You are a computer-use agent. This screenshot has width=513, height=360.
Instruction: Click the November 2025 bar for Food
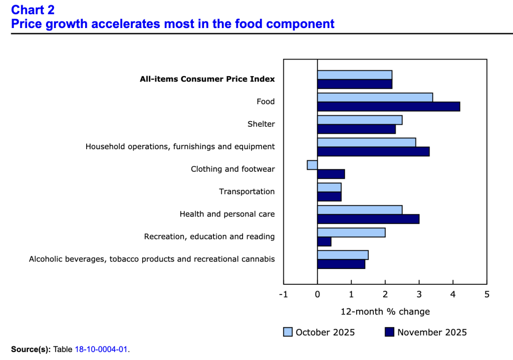point(388,107)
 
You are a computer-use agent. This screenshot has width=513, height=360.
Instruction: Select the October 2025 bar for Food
point(375,97)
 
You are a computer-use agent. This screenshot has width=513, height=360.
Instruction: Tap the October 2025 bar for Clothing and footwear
point(312,165)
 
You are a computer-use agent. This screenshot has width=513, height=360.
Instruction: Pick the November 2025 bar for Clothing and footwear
point(331,174)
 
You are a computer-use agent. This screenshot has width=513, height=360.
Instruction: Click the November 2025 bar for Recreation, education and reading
point(324,242)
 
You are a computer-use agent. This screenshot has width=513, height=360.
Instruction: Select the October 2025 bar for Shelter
point(359,120)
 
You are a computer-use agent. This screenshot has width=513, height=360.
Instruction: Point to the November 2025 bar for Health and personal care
point(368,219)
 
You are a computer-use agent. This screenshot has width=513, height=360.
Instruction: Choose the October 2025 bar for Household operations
point(366,142)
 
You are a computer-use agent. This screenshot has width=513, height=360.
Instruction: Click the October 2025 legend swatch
point(288,332)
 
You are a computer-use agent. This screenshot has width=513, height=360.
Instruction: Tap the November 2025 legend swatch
point(389,332)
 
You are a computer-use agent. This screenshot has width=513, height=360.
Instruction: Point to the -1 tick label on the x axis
point(284,294)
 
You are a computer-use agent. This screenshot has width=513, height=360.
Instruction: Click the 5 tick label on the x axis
point(486,294)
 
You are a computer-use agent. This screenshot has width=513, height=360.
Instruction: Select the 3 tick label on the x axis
point(419,294)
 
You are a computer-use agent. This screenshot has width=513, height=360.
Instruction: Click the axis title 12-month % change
point(385,311)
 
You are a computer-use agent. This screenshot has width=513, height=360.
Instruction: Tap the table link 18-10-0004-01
point(102,349)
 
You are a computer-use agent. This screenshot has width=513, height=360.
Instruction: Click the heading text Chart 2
point(33,10)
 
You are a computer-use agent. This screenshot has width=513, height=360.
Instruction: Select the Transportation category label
point(246,192)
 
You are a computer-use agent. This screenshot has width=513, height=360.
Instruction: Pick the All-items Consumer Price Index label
point(207,79)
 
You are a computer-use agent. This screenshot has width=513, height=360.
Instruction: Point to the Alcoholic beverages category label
point(152,259)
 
